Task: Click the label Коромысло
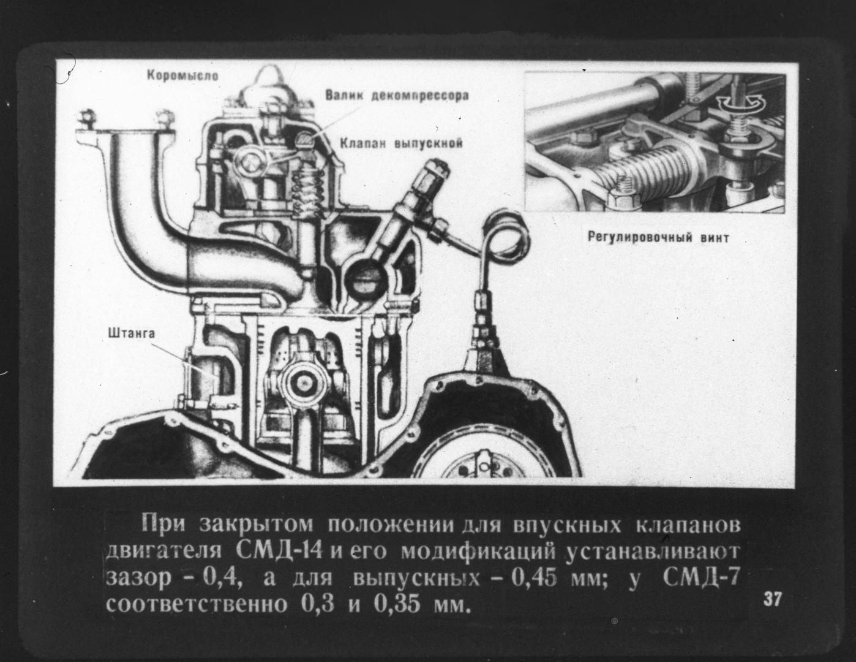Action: [x=182, y=75]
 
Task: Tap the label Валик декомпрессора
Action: [x=397, y=96]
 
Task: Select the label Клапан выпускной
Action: [x=401, y=143]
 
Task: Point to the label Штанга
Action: [x=132, y=333]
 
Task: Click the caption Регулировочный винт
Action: [x=658, y=238]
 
